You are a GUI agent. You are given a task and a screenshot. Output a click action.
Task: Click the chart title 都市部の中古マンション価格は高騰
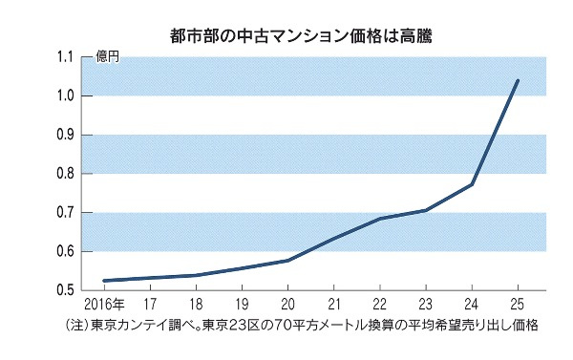[287, 37]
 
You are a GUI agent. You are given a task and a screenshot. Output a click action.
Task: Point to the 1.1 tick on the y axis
[66, 57]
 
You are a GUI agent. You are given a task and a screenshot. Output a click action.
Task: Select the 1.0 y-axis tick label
[66, 95]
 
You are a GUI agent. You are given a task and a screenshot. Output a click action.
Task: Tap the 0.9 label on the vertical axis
[66, 135]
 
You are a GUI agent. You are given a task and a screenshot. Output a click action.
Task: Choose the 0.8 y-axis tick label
[66, 174]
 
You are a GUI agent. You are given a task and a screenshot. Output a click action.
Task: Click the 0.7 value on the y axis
[66, 213]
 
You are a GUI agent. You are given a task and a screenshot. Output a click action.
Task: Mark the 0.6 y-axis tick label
[66, 252]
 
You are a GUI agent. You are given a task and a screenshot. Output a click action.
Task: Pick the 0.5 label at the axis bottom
[66, 289]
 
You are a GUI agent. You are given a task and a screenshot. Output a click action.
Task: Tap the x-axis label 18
[196, 304]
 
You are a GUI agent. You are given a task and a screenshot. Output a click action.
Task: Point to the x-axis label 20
[287, 304]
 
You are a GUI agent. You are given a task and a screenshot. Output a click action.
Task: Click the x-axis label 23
[425, 304]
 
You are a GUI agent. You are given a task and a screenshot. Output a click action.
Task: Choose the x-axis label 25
[517, 304]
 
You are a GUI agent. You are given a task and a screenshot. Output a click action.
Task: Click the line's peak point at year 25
[517, 80]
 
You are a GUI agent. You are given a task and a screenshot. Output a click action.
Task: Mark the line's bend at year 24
[472, 184]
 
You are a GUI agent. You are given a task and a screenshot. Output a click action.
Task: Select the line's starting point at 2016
[103, 281]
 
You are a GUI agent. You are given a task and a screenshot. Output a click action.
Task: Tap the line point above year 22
[380, 219]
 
